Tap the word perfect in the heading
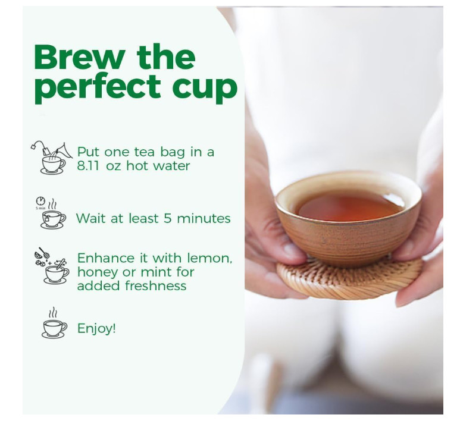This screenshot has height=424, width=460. coord(98,88)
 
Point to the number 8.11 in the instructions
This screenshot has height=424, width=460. coord(87,166)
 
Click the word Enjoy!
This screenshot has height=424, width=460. coord(96,328)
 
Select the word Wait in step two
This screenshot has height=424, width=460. coord(91,218)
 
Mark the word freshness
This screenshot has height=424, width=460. coord(156,285)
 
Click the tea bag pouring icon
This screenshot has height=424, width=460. coord(52,158)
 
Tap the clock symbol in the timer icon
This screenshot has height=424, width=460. coord(40,201)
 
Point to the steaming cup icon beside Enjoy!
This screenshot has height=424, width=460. coord(54,323)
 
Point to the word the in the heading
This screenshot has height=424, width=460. coord(166,57)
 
